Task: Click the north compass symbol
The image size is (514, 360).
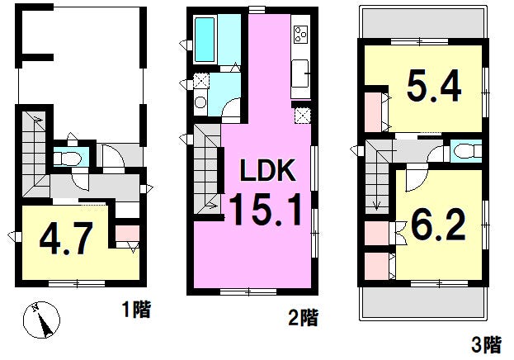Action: [41, 320]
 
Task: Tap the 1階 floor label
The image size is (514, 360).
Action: [136, 310]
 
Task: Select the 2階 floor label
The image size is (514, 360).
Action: [303, 317]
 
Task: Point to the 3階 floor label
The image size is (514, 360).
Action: [487, 344]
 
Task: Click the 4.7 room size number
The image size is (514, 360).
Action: [65, 239]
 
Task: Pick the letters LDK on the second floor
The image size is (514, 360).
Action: [268, 170]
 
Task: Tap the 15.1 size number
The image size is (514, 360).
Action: [265, 209]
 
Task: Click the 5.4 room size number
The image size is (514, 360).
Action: [434, 86]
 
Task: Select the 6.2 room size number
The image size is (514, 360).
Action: [438, 225]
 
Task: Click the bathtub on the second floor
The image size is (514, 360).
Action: [205, 40]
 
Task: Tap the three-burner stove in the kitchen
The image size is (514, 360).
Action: [300, 35]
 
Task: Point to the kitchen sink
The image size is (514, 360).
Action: [300, 73]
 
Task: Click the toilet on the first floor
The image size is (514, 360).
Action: [68, 159]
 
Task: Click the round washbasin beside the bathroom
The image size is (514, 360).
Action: [200, 102]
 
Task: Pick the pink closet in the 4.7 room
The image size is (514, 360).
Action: [127, 233]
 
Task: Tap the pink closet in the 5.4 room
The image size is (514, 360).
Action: [374, 112]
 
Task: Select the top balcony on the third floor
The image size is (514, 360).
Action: [423, 22]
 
